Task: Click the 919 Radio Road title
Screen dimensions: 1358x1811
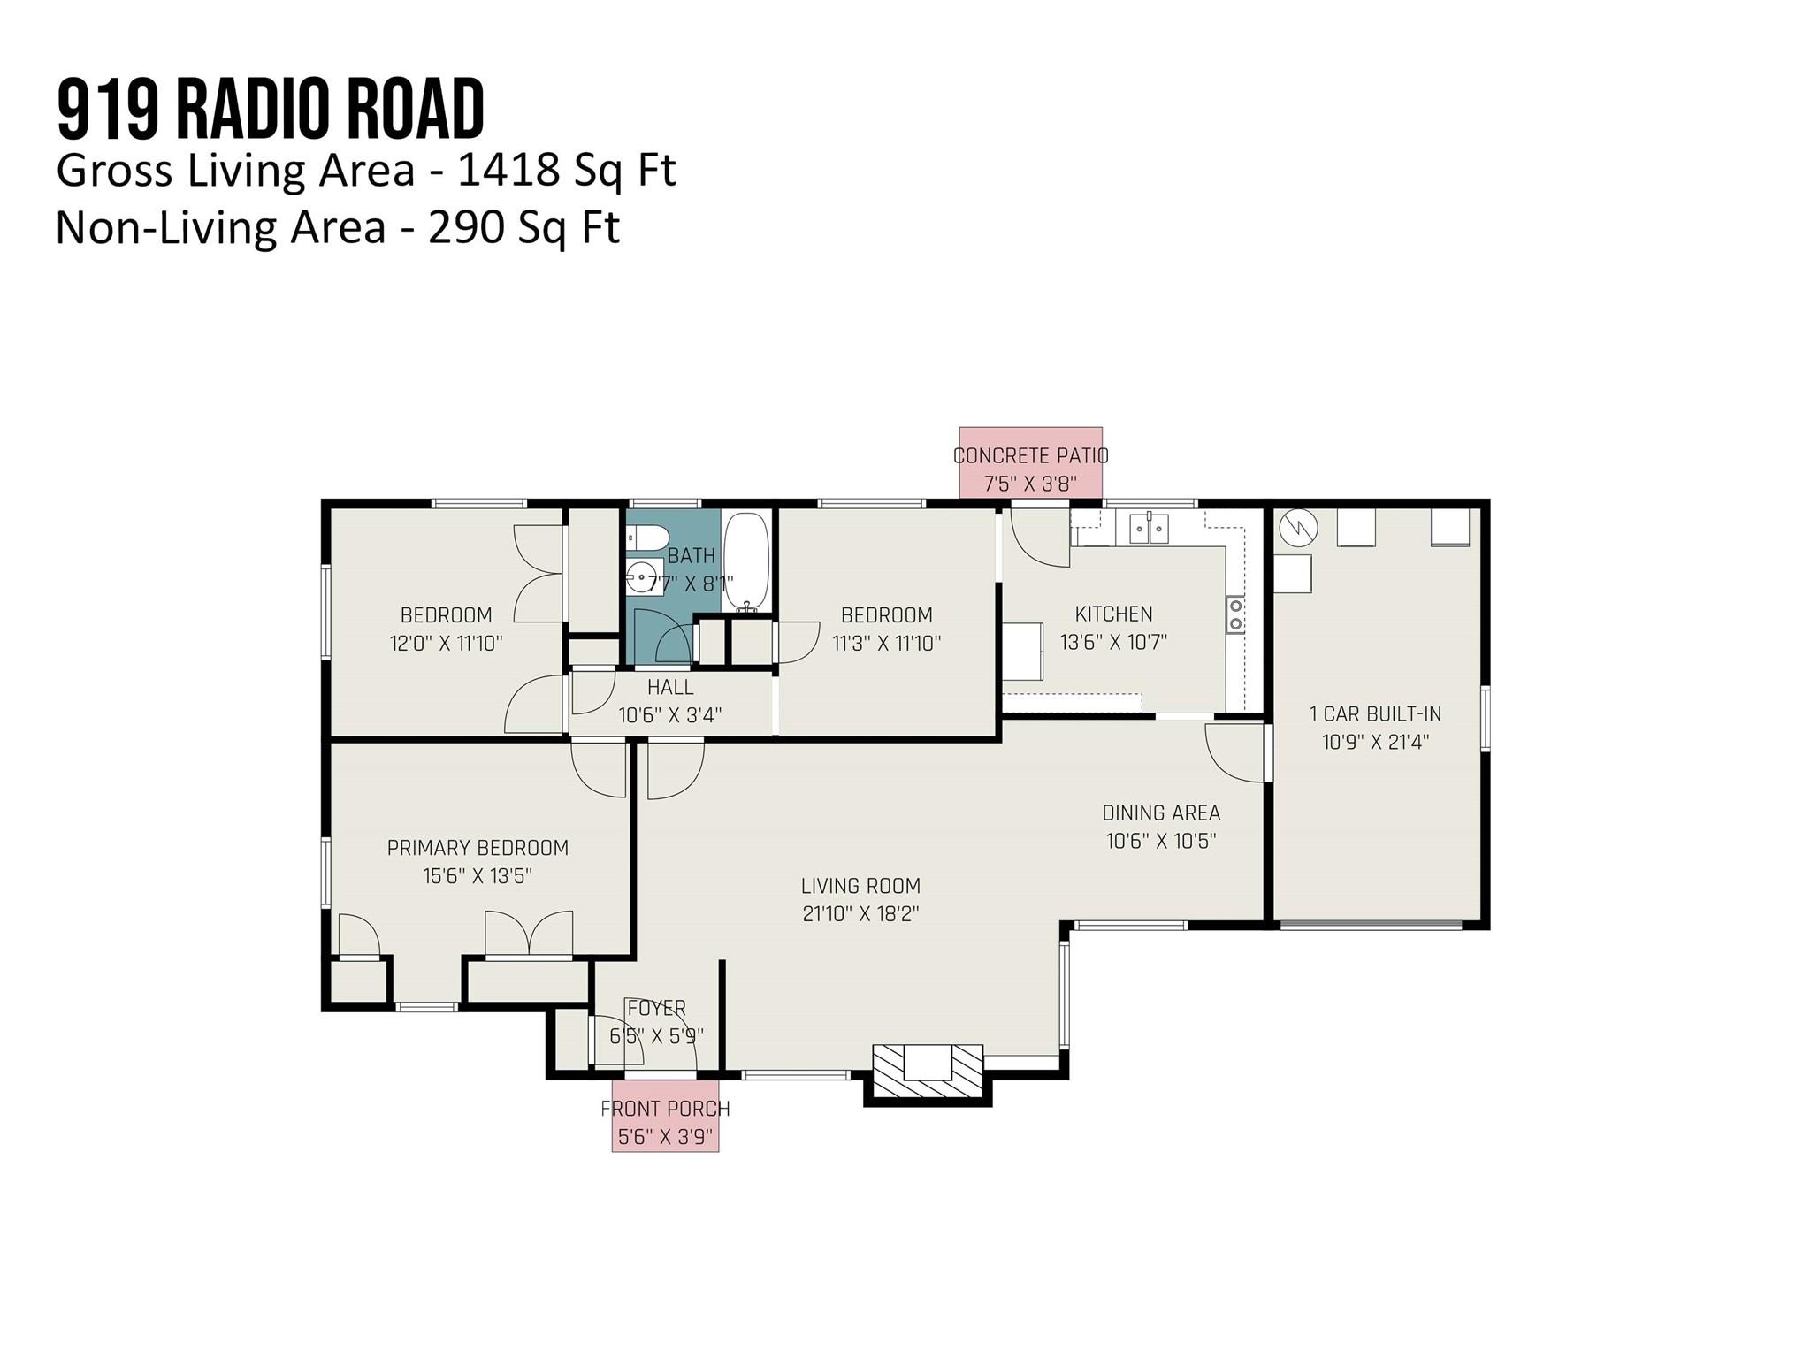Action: tap(271, 110)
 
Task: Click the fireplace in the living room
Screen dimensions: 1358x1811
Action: tap(928, 1071)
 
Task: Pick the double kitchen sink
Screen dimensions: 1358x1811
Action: tap(1149, 529)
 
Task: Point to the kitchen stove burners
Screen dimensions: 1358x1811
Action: tap(1235, 614)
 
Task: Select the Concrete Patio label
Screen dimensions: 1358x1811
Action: tap(1030, 456)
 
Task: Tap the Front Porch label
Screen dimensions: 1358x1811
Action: tap(665, 1109)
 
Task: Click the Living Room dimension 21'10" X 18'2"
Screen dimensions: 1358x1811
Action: tap(860, 914)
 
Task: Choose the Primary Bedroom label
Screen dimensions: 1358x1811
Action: tap(478, 848)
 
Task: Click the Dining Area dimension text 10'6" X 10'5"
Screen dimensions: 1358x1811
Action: tap(1161, 841)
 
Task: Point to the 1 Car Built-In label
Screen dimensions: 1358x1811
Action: tap(1375, 713)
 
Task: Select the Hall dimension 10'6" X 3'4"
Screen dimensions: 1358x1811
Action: tap(669, 715)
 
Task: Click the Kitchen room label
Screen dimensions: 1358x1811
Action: tap(1113, 614)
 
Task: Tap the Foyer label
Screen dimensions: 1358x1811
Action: tap(656, 1008)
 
